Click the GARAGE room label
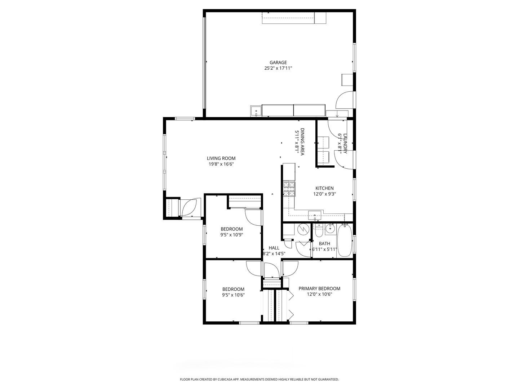coord(278,62)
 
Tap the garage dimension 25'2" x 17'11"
coord(278,69)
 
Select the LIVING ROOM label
coord(221,159)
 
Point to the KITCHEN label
coord(324,188)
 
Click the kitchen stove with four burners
coord(289,189)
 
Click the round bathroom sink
coord(330,229)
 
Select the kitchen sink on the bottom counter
coord(315,215)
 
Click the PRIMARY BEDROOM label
coord(319,289)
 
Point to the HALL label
coord(274,248)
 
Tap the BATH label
coord(324,243)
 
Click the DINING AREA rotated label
coord(302,142)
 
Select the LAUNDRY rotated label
coord(345,144)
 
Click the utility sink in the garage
coord(256,111)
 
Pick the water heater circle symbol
coord(303,229)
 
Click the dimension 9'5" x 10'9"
coord(232,235)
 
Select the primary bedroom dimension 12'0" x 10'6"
coord(319,294)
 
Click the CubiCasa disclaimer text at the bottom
coord(259,379)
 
